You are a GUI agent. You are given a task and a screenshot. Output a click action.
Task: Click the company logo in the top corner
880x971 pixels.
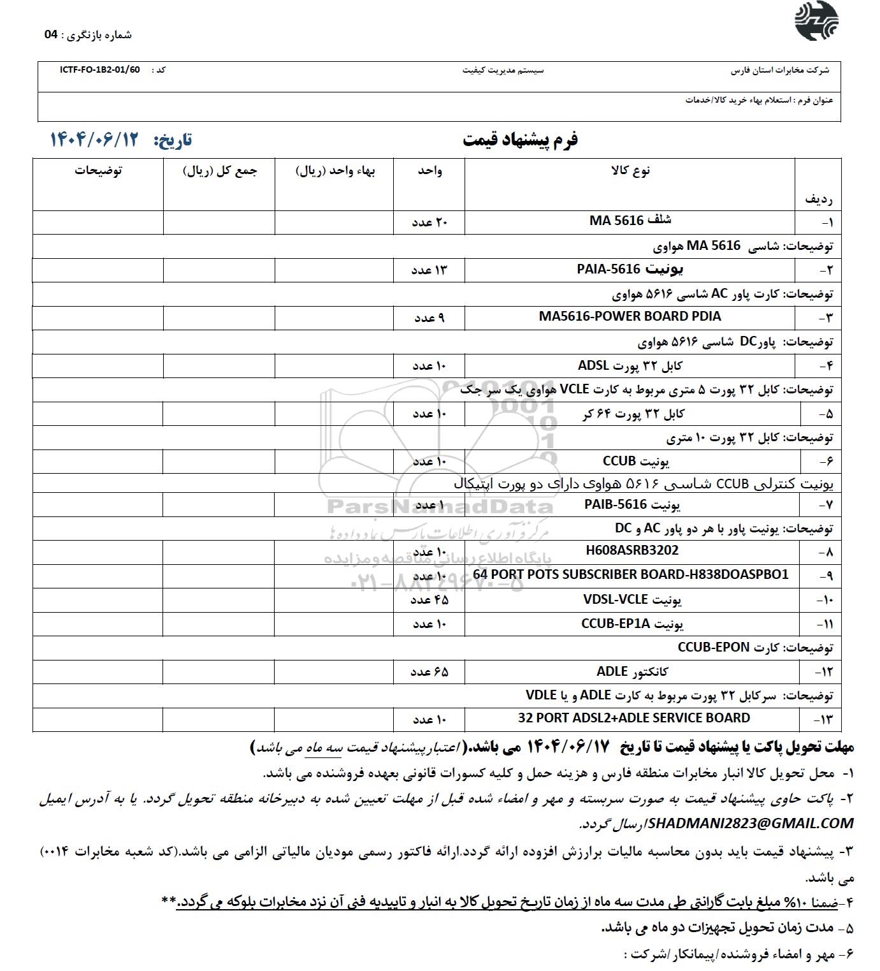(x=816, y=22)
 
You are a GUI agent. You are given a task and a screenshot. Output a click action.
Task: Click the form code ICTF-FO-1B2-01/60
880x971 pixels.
(x=99, y=69)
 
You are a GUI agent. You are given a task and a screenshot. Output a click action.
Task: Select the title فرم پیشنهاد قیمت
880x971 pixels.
(x=520, y=140)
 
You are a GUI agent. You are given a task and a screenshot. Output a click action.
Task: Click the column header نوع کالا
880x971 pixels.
(x=630, y=170)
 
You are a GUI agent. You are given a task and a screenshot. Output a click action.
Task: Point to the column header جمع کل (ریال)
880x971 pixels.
(x=220, y=172)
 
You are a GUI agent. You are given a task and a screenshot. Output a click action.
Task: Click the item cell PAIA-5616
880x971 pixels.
(x=630, y=270)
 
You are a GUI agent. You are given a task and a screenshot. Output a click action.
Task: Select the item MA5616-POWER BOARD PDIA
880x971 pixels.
(x=630, y=316)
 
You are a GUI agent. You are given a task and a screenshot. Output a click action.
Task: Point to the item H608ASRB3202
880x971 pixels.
(x=632, y=550)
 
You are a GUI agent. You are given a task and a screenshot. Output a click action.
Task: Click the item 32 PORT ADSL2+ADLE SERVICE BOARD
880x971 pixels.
(x=634, y=718)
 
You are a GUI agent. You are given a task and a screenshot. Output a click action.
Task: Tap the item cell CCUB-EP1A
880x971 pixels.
(x=632, y=624)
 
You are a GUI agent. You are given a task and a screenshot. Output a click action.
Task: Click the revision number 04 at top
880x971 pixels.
(x=51, y=35)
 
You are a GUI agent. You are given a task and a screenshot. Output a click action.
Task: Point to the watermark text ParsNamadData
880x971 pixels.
(x=440, y=507)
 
